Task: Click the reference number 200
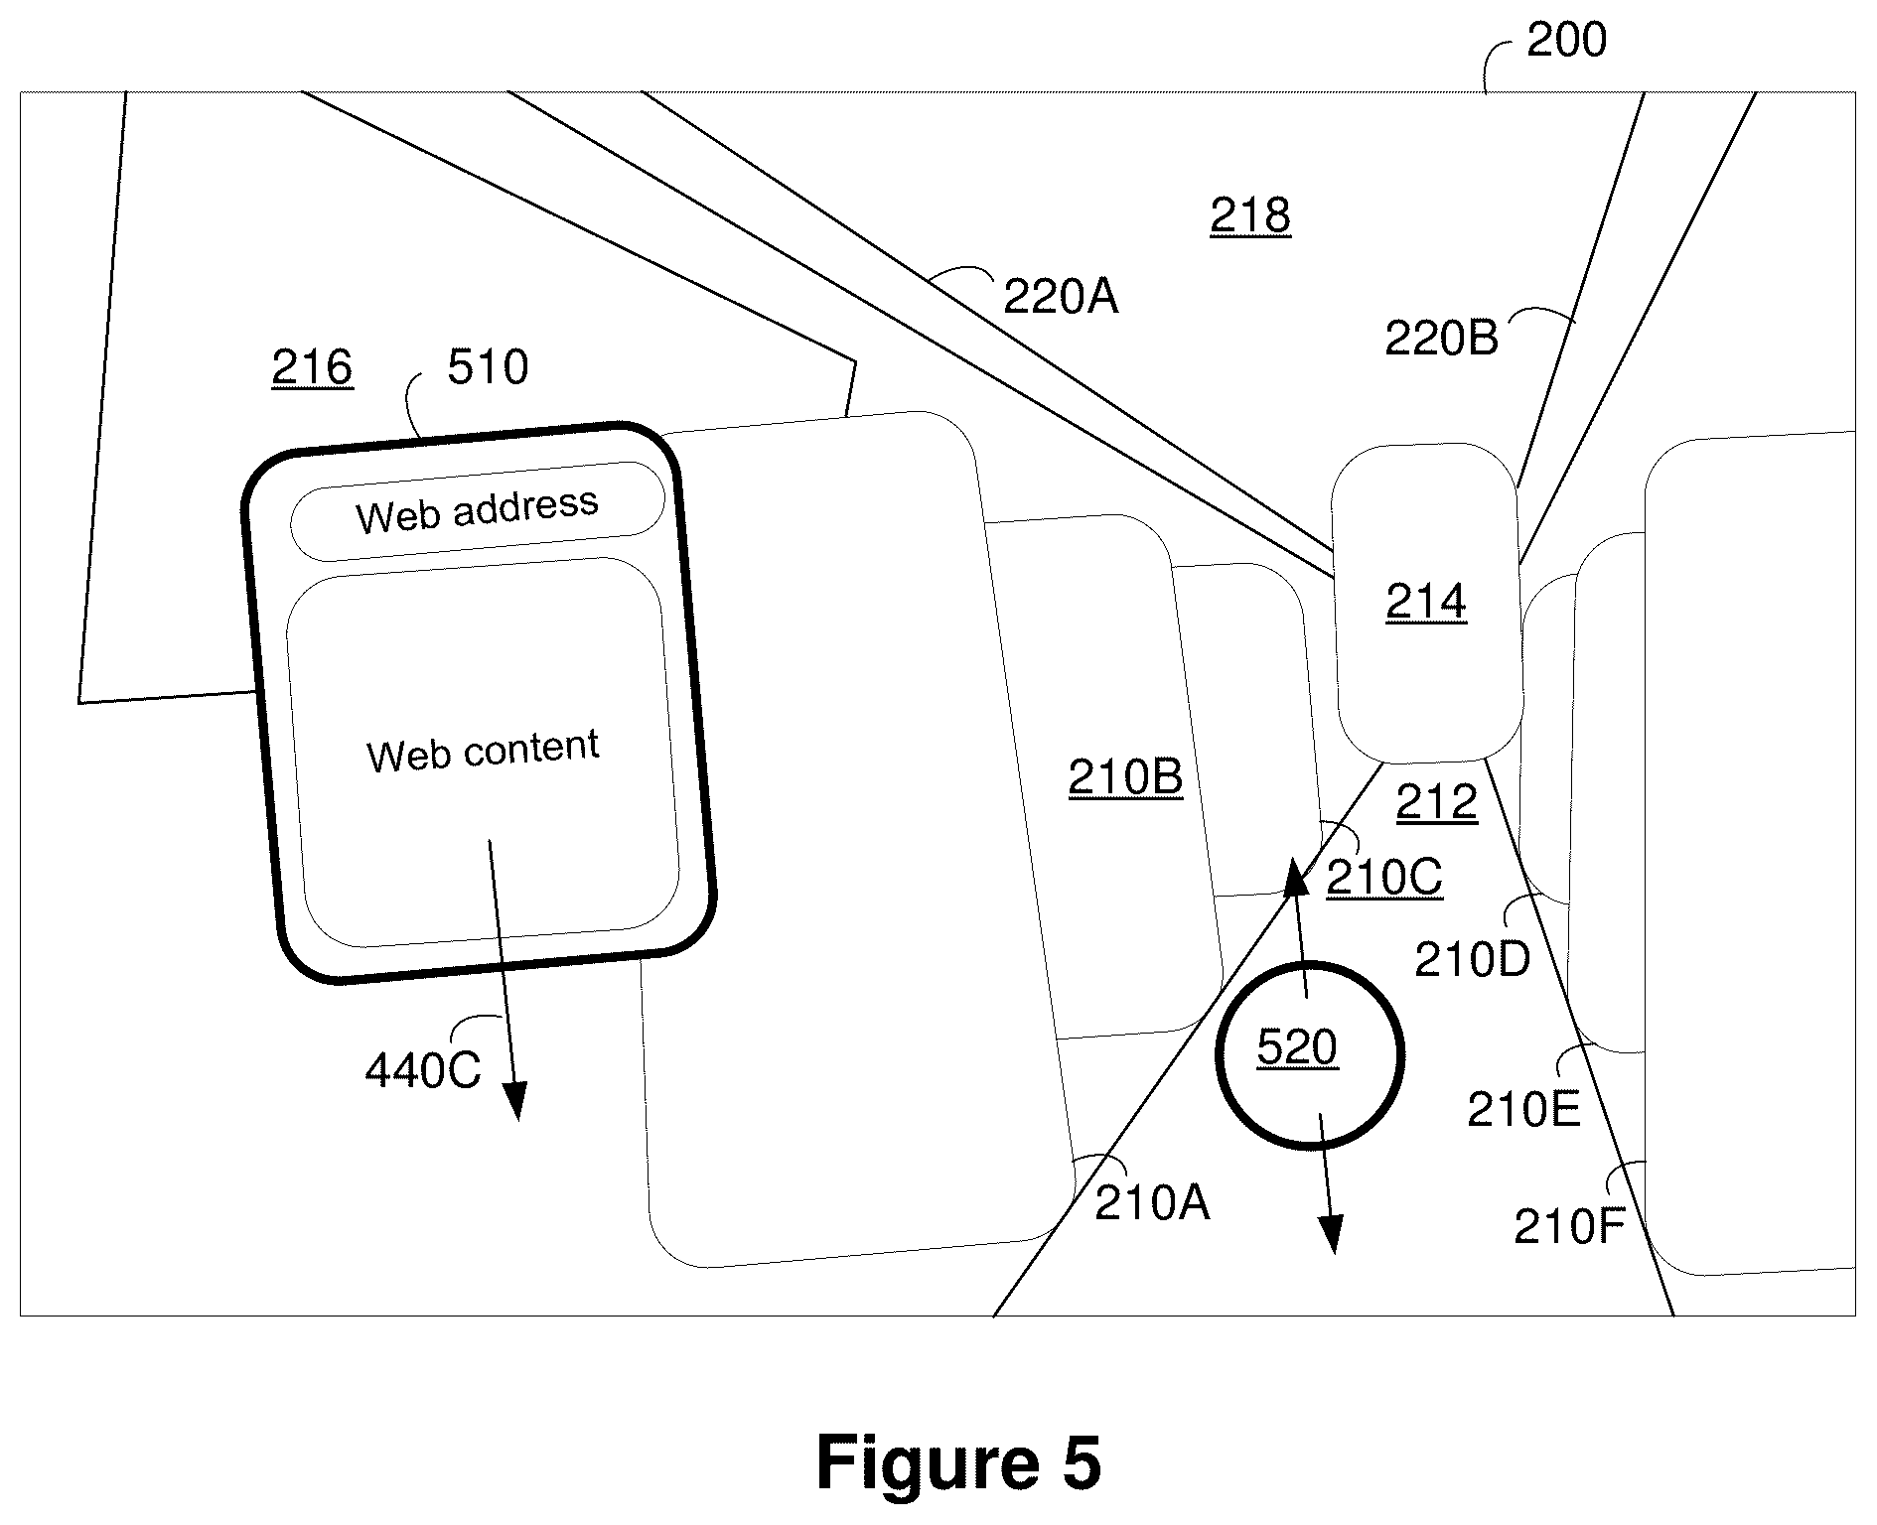[1566, 41]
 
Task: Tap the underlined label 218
[1250, 215]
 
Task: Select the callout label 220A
[1061, 297]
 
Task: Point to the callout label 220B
[1441, 340]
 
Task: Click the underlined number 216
[312, 368]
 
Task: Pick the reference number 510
[488, 367]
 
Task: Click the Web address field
[477, 510]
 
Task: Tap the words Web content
[483, 751]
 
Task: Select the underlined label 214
[1426, 603]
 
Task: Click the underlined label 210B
[1126, 778]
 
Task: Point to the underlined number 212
[1437, 803]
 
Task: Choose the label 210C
[1384, 878]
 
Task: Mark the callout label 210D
[1473, 960]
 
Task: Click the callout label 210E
[1523, 1111]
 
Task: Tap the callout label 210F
[1568, 1228]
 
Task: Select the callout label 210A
[1152, 1204]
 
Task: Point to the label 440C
[423, 1071]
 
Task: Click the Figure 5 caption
[958, 1463]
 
